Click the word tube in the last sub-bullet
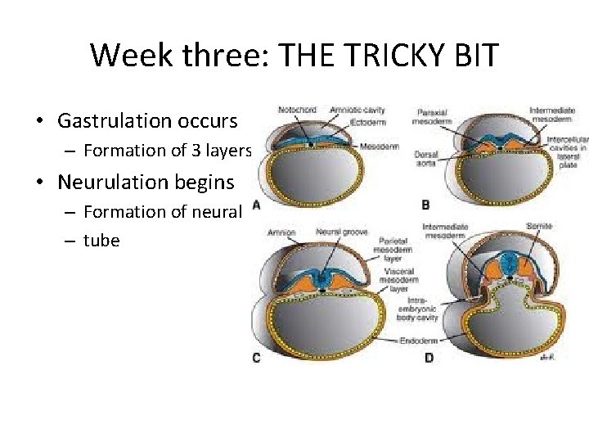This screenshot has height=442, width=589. point(101,241)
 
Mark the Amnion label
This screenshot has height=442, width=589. point(281,232)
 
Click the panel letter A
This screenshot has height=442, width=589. point(257,205)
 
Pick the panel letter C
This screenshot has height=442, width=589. point(257,358)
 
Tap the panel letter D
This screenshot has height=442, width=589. point(428,358)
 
